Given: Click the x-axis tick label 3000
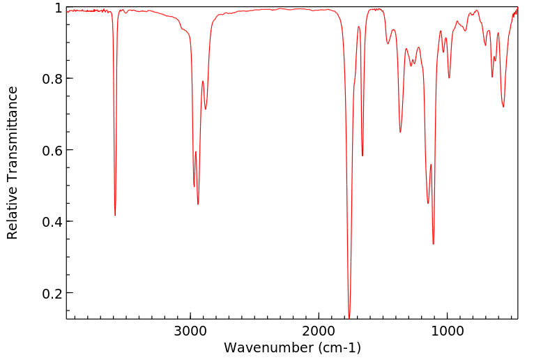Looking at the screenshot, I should point(190,330).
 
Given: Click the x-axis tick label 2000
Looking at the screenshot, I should point(319,330).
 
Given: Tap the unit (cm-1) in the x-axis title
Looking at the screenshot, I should point(337,347).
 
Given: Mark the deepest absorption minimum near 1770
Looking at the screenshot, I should point(349,317).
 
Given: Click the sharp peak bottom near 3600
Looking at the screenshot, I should point(115,216).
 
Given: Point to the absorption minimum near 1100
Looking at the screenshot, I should point(434,243).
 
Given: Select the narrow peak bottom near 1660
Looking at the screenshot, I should point(363,156).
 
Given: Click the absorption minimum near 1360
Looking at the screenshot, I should point(400,132).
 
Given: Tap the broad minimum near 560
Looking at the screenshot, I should point(503,107).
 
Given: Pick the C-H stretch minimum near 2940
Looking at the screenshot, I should point(198,204).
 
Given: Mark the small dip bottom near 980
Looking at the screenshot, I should point(449,77).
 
